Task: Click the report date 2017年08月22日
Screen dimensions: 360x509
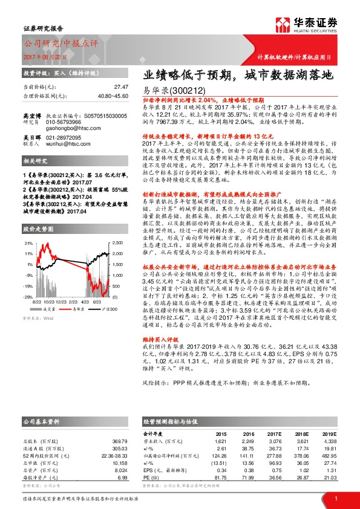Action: (52, 56)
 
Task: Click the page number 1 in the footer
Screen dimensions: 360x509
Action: (335, 498)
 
